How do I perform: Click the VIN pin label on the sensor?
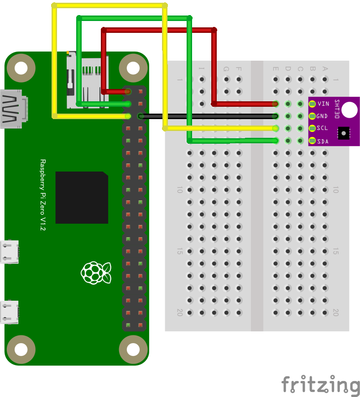pyautogui.click(x=323, y=104)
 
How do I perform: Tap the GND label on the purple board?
pyautogui.click(x=322, y=116)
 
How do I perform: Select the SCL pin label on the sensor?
pyautogui.click(x=322, y=129)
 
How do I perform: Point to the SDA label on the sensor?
pyautogui.click(x=322, y=141)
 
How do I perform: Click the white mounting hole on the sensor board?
pyautogui.click(x=350, y=110)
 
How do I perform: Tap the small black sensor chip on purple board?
pyautogui.click(x=343, y=133)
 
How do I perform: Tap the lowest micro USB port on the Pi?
pyautogui.click(x=10, y=312)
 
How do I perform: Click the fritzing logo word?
pyautogui.click(x=320, y=385)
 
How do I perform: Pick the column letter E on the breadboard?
pyautogui.click(x=276, y=69)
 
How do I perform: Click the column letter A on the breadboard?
pyautogui.click(x=325, y=69)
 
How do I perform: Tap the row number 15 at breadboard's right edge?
pyautogui.click(x=335, y=251)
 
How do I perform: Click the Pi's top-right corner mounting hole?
pyautogui.click(x=133, y=68)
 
